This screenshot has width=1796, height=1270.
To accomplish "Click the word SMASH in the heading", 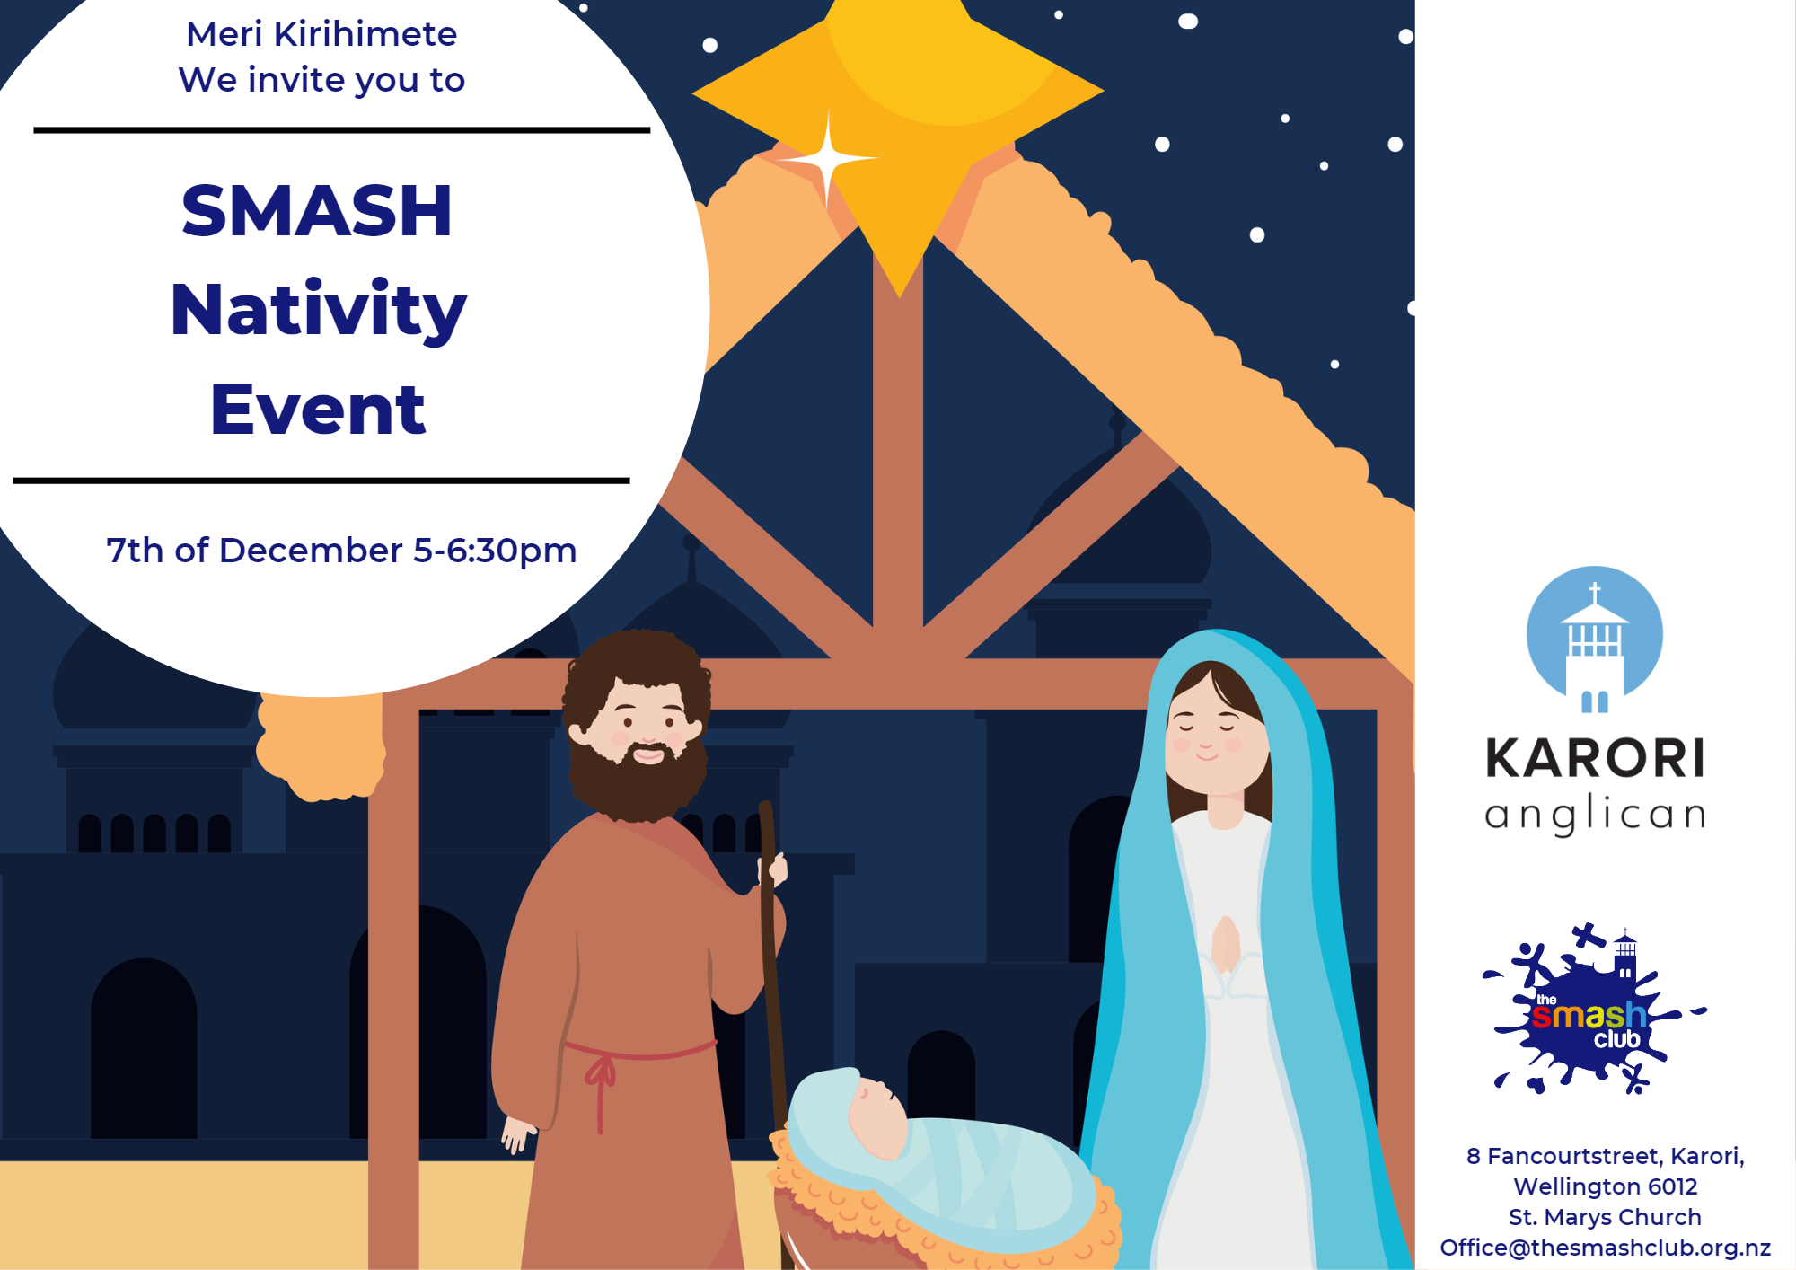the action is tap(317, 211).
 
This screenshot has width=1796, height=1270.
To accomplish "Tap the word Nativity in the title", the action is tap(319, 311).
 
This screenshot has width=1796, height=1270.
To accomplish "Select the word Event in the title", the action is tap(318, 410).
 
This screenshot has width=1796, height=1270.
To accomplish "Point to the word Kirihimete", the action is tap(365, 34).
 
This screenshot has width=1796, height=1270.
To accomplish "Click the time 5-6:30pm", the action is tap(495, 551).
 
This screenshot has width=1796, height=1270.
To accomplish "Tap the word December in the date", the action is tap(311, 550).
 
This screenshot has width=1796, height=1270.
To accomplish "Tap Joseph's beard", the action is tap(638, 778).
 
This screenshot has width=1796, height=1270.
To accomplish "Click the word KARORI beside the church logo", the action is tap(1595, 758).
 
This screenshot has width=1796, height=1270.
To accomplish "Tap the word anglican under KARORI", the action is tap(1595, 814).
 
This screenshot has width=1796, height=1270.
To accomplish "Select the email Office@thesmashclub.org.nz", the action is tap(1606, 1248).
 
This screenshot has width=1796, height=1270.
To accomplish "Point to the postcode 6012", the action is tap(1672, 1186).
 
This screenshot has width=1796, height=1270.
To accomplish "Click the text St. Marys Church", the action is tap(1605, 1217).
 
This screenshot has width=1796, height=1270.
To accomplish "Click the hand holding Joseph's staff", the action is tap(773, 869).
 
